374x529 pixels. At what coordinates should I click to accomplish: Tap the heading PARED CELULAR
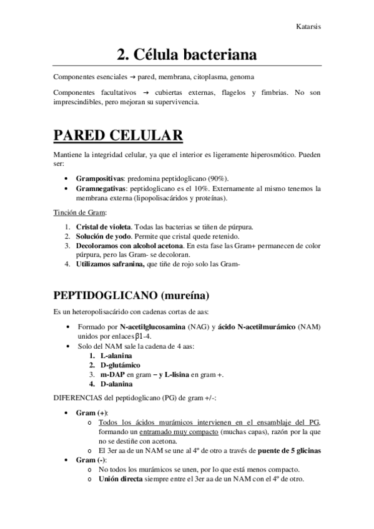click(118, 135)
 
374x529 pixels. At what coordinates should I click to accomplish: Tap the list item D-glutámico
click(115, 365)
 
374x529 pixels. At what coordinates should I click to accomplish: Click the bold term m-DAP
click(112, 374)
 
